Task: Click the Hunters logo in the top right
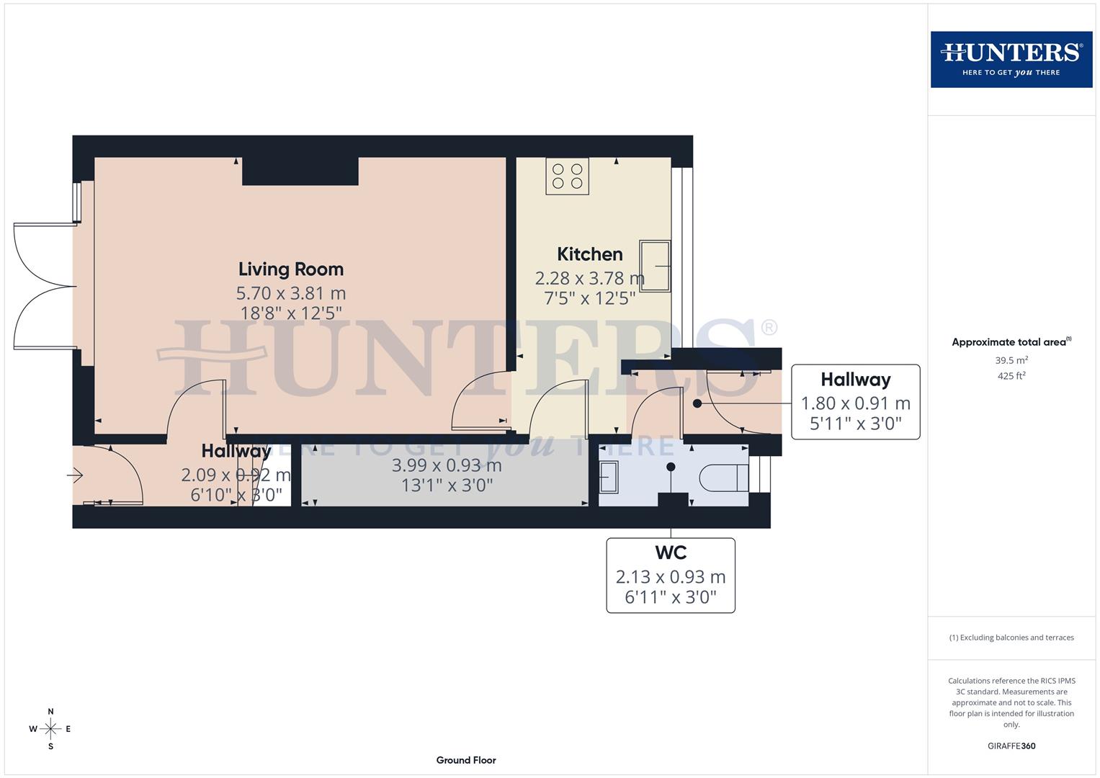tap(1011, 59)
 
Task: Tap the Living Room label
tap(291, 269)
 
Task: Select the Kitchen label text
tap(589, 254)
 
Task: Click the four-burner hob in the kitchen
tap(567, 176)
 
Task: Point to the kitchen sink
tap(655, 266)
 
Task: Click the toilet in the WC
tap(723, 477)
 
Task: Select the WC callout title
tap(670, 553)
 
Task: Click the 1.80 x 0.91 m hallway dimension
tap(855, 403)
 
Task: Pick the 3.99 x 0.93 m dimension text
tap(447, 465)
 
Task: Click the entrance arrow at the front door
tap(75, 475)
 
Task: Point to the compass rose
tap(50, 729)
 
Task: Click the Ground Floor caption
tap(466, 760)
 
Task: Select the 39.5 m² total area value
tap(1011, 360)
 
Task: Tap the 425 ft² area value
tap(1011, 376)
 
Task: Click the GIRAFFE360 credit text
tap(1011, 746)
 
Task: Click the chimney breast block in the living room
tap(300, 171)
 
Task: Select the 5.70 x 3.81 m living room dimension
tap(291, 294)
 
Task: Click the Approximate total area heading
tap(1011, 342)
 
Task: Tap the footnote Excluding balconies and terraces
tap(1011, 638)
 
